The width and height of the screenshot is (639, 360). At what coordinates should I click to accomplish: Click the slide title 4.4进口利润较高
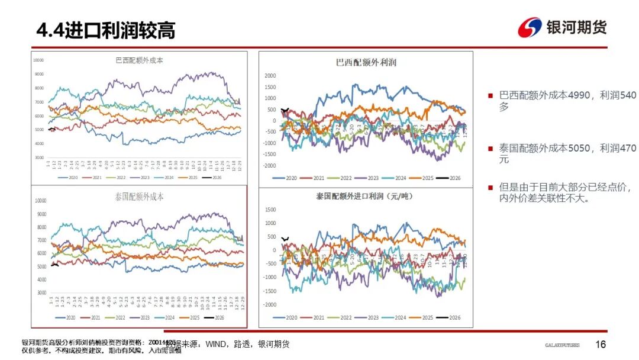[x=106, y=30]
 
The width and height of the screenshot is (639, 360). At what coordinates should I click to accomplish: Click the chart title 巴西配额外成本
[x=139, y=60]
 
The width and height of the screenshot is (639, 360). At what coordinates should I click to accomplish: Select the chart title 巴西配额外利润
[x=366, y=62]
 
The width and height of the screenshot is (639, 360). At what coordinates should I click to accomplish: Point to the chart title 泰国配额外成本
[x=139, y=197]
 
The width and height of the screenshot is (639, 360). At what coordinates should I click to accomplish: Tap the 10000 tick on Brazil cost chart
[x=38, y=60]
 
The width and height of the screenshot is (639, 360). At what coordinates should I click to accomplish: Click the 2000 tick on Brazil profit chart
[x=270, y=76]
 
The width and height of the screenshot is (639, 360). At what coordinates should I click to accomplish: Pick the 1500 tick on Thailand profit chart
[x=270, y=210]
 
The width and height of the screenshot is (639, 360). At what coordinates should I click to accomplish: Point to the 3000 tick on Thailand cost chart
[x=41, y=293]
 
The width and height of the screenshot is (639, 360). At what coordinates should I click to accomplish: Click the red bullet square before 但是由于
[x=490, y=188]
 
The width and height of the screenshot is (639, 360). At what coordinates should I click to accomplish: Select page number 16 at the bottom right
[x=601, y=345]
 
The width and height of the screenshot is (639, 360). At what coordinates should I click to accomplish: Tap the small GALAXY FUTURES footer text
[x=562, y=345]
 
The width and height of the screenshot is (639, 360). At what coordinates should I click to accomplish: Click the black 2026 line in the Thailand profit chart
[x=285, y=239]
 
